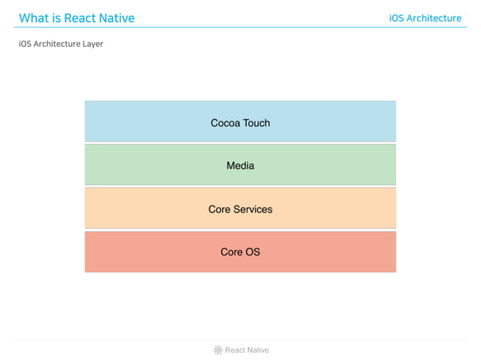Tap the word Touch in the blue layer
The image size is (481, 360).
click(x=256, y=123)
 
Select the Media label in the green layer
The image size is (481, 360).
click(x=240, y=166)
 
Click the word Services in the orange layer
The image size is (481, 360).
click(x=253, y=209)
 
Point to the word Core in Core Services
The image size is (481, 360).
click(x=219, y=209)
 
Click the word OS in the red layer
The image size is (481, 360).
click(x=252, y=252)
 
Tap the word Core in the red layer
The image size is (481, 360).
click(x=231, y=252)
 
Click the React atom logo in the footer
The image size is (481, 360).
click(x=218, y=349)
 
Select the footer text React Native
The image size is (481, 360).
click(x=247, y=350)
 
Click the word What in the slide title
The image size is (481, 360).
click(x=34, y=18)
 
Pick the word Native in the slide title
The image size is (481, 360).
click(x=118, y=18)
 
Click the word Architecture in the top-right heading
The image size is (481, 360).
click(x=434, y=18)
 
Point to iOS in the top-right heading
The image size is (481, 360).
click(x=397, y=18)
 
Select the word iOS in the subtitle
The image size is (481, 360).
click(x=25, y=44)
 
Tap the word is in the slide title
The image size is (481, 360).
click(x=57, y=18)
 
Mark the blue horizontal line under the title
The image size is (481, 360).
click(x=240, y=28)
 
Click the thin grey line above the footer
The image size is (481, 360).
click(x=240, y=340)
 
